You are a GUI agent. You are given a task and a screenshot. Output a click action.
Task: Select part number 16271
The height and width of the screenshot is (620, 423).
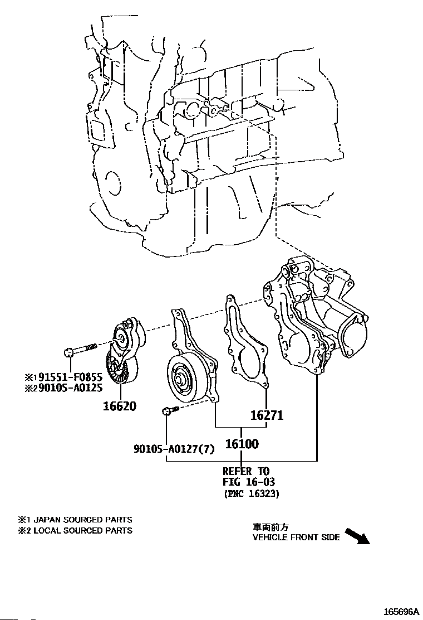(x=267, y=415)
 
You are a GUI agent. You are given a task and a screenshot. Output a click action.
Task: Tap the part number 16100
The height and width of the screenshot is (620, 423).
(x=242, y=444)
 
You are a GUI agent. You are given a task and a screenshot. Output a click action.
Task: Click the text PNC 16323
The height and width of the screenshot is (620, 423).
(x=251, y=493)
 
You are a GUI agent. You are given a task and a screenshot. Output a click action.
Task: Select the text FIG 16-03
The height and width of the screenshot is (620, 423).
(x=249, y=482)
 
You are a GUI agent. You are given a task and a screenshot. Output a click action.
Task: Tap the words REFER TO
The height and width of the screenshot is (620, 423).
(x=245, y=471)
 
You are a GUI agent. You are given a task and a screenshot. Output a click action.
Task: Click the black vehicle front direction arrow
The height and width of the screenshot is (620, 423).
(x=357, y=536)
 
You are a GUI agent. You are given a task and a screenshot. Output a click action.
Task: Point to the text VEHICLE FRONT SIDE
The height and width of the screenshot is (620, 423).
(x=296, y=537)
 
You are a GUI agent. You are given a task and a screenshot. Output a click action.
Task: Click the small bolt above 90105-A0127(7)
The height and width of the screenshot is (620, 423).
(x=169, y=411)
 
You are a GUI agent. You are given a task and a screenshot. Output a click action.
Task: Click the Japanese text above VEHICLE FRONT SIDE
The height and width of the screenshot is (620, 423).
(x=271, y=527)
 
